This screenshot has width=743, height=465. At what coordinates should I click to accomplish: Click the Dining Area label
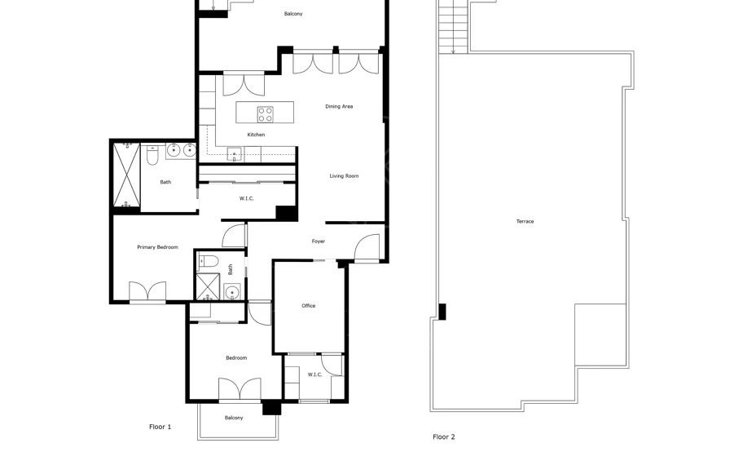point(339,106)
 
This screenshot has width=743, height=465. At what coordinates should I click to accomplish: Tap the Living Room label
point(344,176)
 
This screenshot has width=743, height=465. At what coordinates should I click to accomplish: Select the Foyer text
point(319,241)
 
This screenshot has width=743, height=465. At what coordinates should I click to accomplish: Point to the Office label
point(309,306)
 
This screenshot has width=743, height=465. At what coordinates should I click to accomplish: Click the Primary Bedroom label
point(157,247)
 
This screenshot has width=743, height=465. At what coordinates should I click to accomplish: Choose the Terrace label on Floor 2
point(525,221)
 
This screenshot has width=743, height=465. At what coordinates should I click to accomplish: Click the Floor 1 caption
point(160,427)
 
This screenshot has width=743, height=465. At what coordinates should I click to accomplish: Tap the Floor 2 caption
point(443,437)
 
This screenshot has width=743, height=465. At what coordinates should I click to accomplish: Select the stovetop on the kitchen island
point(266,114)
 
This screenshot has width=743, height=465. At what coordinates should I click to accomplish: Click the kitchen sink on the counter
point(234,155)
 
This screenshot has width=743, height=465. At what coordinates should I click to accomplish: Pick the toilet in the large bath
point(152,155)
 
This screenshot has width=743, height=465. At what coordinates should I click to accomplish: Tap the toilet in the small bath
point(208,261)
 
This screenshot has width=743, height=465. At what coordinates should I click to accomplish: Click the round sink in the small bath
point(231,292)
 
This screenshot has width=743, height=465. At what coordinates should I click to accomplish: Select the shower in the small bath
point(208,287)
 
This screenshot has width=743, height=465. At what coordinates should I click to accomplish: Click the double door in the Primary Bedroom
point(147,291)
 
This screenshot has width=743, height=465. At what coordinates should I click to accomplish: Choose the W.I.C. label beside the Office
point(314,374)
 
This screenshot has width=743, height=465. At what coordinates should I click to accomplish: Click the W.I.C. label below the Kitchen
point(246,199)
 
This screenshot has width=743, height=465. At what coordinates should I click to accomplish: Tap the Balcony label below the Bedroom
point(234,418)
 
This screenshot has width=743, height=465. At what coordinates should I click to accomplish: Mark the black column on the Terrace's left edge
point(442,312)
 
